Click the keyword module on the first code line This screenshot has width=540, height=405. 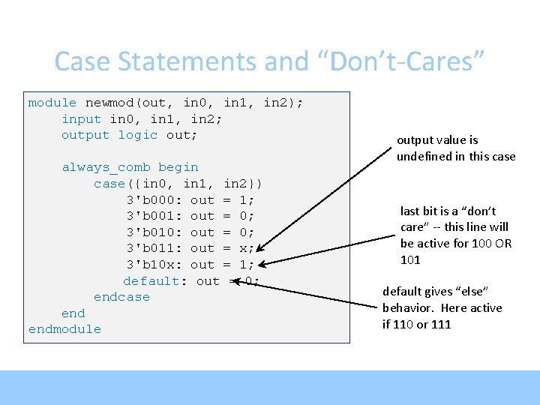pyautogui.click(x=52, y=103)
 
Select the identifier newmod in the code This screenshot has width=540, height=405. pyautogui.click(x=109, y=103)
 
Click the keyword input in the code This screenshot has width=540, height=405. pyautogui.click(x=81, y=118)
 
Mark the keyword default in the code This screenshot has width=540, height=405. pyautogui.click(x=151, y=281)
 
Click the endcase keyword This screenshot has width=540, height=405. pyautogui.click(x=121, y=297)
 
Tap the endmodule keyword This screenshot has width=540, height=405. pyautogui.click(x=64, y=329)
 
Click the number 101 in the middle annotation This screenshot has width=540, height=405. pyautogui.click(x=410, y=260)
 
